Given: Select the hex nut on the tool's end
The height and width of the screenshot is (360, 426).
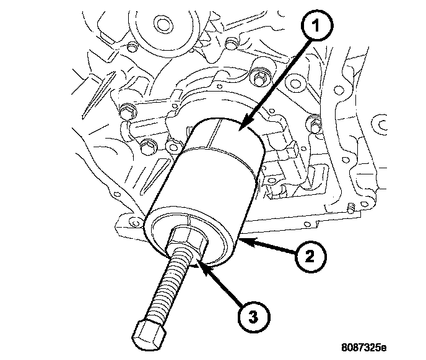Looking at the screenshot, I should tap(189, 238).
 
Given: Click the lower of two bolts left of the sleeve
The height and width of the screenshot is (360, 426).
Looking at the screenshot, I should tap(147, 147).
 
